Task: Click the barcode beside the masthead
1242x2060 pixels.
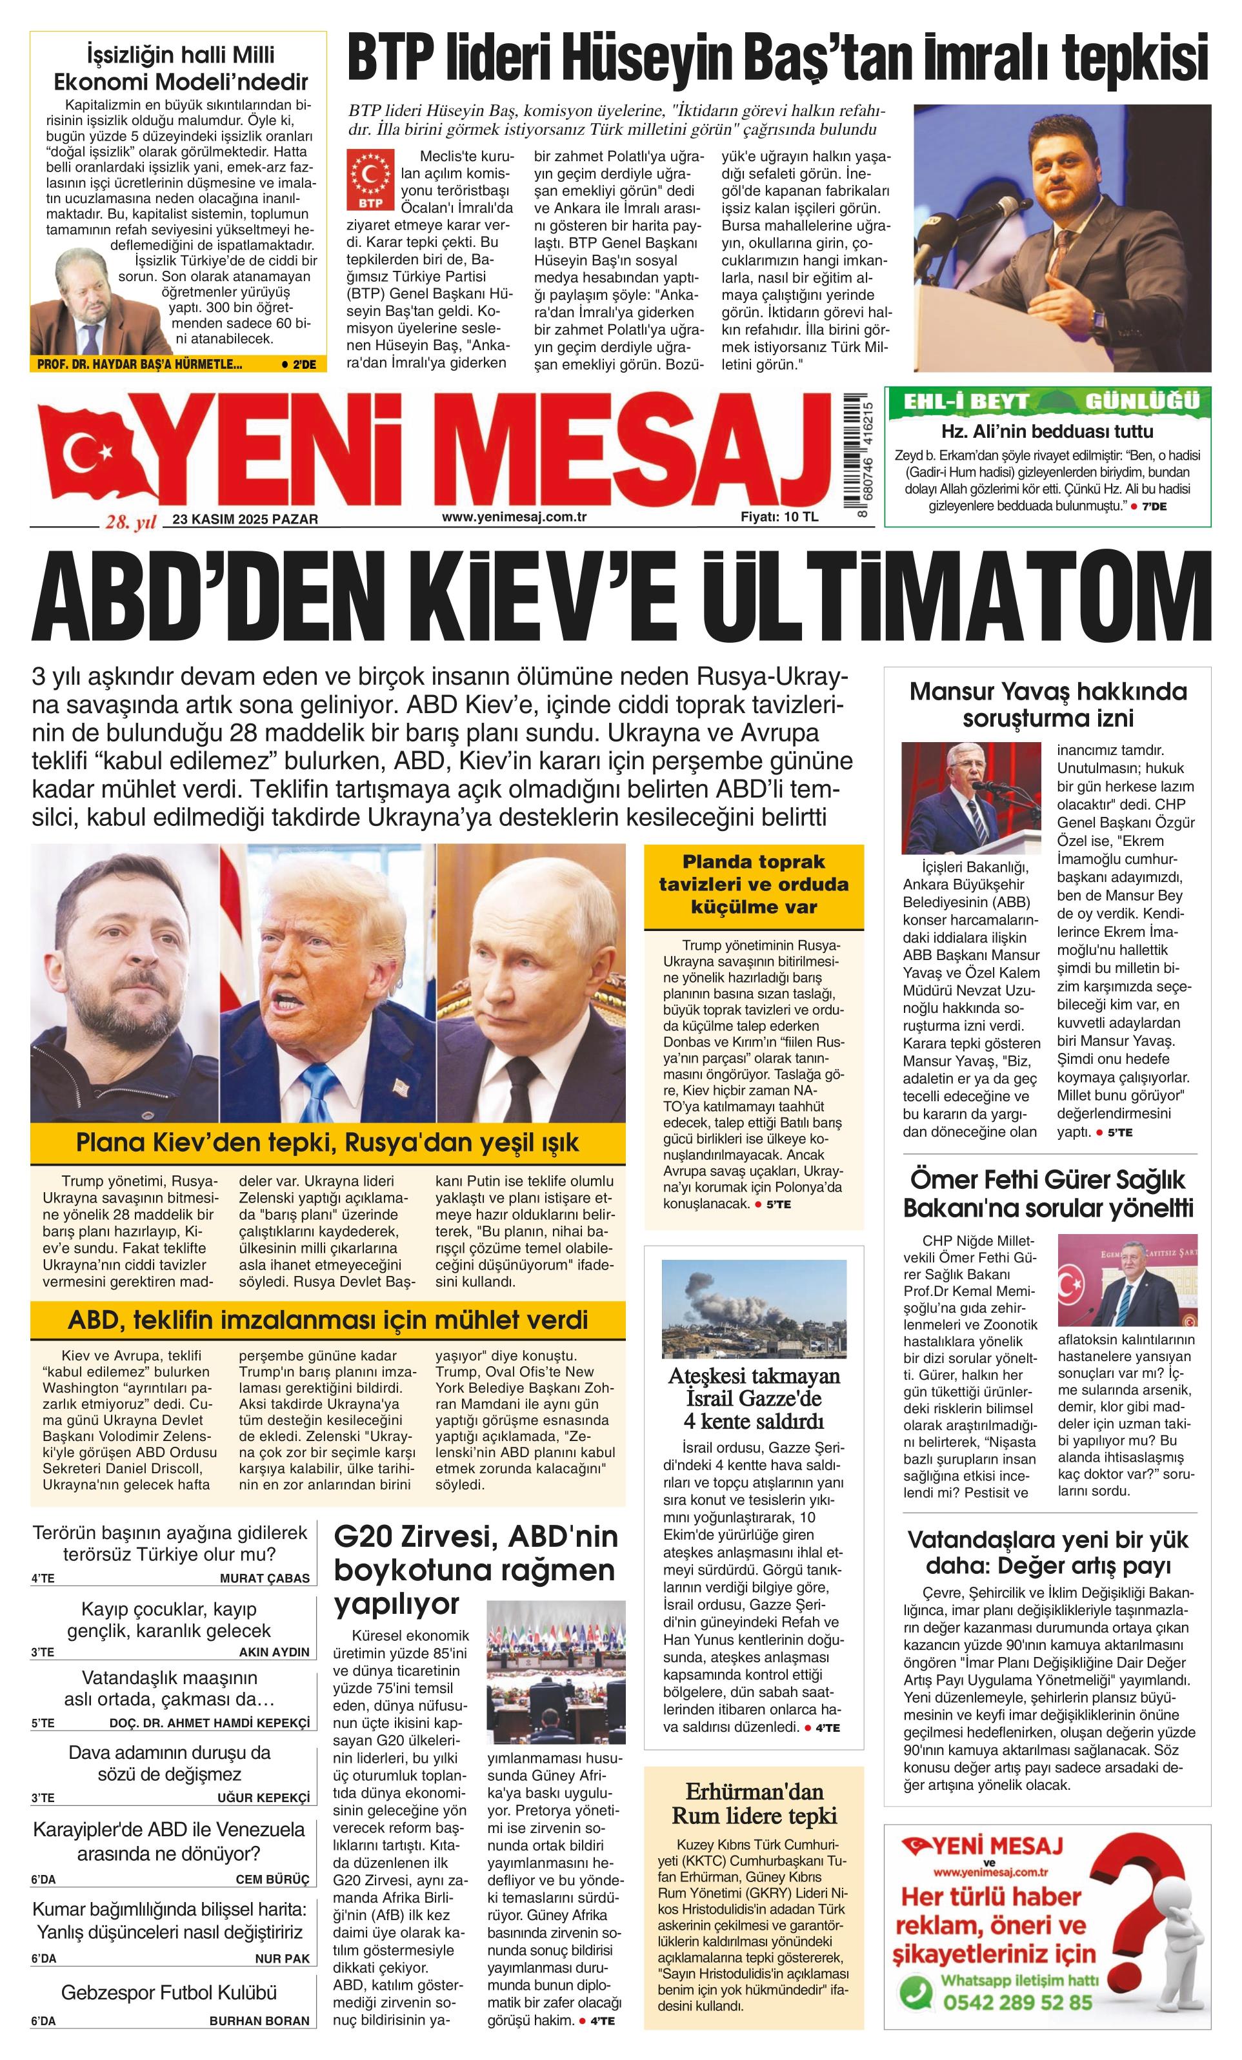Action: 855,453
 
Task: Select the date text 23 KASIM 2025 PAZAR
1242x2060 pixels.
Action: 245,519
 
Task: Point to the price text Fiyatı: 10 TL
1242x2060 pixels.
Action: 779,516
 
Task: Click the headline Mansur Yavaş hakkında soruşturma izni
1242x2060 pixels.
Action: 1047,704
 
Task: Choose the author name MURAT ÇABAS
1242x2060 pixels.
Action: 265,1578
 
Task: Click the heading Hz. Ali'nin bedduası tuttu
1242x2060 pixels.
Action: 1047,431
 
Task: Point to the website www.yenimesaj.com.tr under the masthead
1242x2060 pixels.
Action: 514,516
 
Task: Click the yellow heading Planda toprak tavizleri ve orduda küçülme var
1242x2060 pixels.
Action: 753,885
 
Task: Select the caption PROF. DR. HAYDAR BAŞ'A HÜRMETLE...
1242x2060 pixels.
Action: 139,364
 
